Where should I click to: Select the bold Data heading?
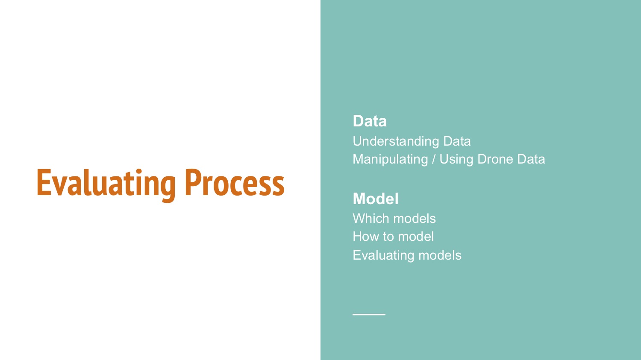point(370,121)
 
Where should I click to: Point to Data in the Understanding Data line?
point(457,141)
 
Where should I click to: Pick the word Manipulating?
point(390,160)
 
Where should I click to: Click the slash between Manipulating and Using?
point(434,159)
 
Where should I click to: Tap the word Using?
point(456,160)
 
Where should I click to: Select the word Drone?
point(495,159)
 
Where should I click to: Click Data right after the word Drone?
point(531,159)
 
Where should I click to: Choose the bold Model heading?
point(376,199)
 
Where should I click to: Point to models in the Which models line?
point(415,219)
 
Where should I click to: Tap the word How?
point(365,237)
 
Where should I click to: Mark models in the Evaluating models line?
point(440,255)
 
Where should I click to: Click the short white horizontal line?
point(369,314)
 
